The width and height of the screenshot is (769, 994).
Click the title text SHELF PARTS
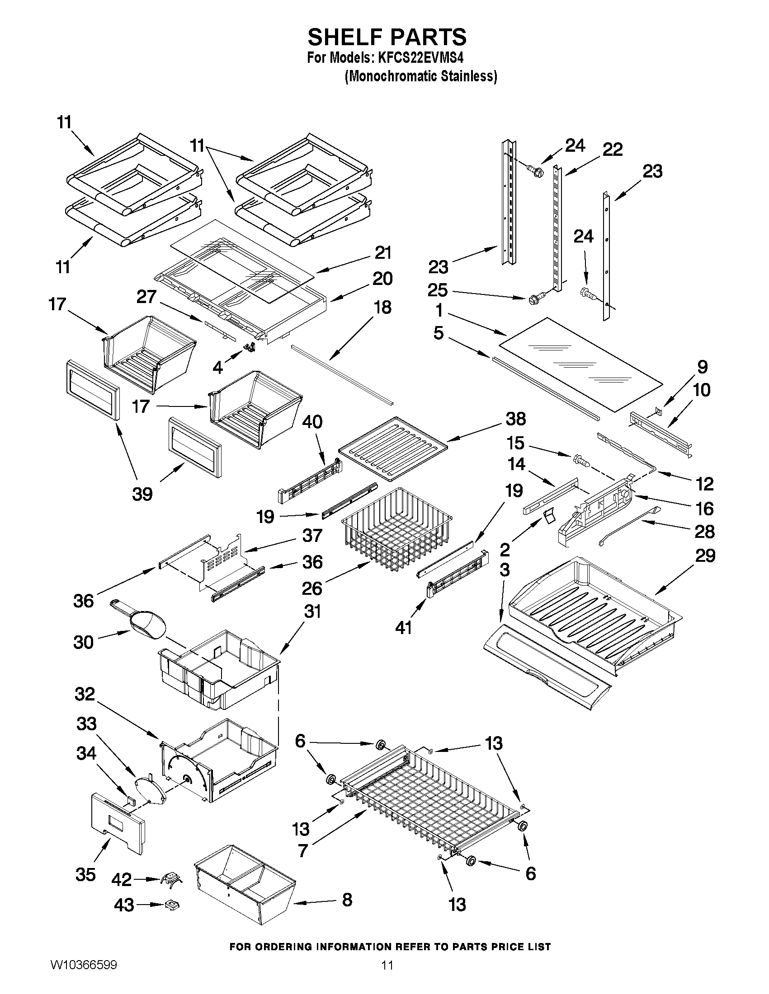point(387,37)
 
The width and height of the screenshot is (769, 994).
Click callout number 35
point(85,874)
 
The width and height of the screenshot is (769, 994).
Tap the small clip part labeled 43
point(172,905)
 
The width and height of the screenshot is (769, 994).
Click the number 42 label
point(122,879)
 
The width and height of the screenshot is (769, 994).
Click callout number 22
point(613,150)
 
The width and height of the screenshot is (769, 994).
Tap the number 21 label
point(383,252)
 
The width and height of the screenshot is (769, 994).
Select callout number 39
point(142,494)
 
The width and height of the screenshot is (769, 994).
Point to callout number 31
point(312,611)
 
